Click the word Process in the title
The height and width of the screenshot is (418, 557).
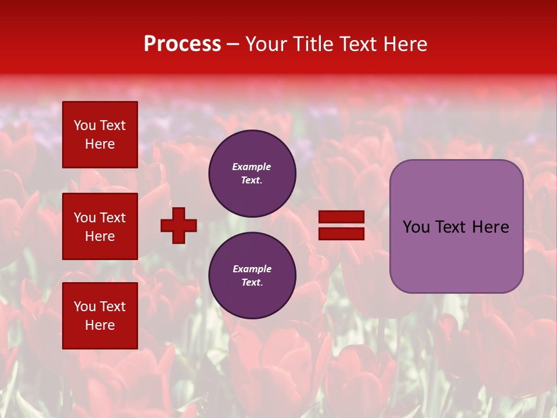click(182, 44)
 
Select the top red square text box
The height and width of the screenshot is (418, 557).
click(100, 135)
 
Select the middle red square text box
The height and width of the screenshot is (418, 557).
click(100, 226)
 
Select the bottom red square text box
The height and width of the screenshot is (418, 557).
click(100, 316)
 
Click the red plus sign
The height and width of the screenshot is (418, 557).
click(179, 225)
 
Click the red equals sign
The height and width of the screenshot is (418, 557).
click(342, 225)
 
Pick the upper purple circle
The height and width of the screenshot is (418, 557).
click(252, 174)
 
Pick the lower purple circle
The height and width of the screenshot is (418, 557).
click(252, 275)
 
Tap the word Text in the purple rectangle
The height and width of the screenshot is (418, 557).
click(452, 227)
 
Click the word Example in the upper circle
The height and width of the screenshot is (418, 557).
click(251, 167)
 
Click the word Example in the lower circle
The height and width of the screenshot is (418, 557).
click(252, 269)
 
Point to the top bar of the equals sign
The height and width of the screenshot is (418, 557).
click(342, 217)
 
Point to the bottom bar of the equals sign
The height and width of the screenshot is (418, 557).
click(342, 233)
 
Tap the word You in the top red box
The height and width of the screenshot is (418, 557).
click(85, 125)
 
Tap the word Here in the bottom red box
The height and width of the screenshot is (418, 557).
click(100, 325)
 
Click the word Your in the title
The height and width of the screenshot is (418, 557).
click(265, 44)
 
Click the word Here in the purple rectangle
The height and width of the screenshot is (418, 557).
click(490, 227)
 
